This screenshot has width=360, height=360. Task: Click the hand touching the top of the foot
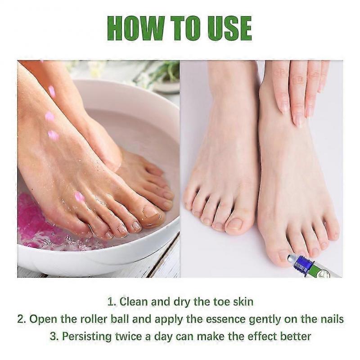point(297,90)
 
